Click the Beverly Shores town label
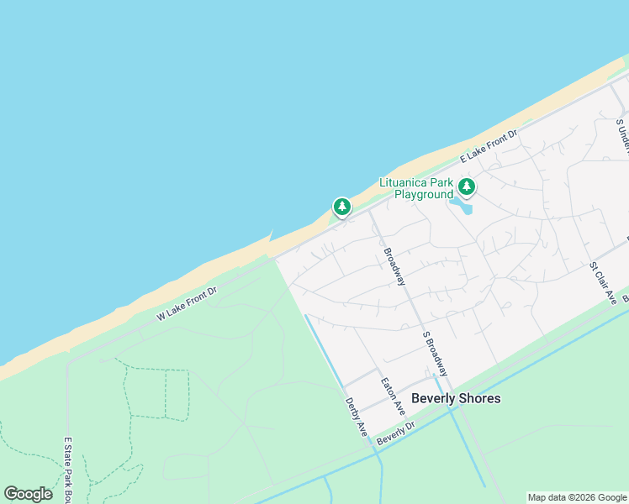point(456,398)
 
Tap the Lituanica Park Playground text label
point(416,189)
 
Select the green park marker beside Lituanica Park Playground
point(467,186)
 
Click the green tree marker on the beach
point(341,206)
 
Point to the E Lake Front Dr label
point(489,146)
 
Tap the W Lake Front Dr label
point(187,303)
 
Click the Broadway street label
point(394,266)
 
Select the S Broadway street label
point(435,353)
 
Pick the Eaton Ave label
point(393,396)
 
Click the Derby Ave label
point(357,417)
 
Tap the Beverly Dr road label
point(396,434)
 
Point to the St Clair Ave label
point(603,283)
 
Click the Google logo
point(28,494)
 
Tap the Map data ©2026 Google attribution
point(577,497)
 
